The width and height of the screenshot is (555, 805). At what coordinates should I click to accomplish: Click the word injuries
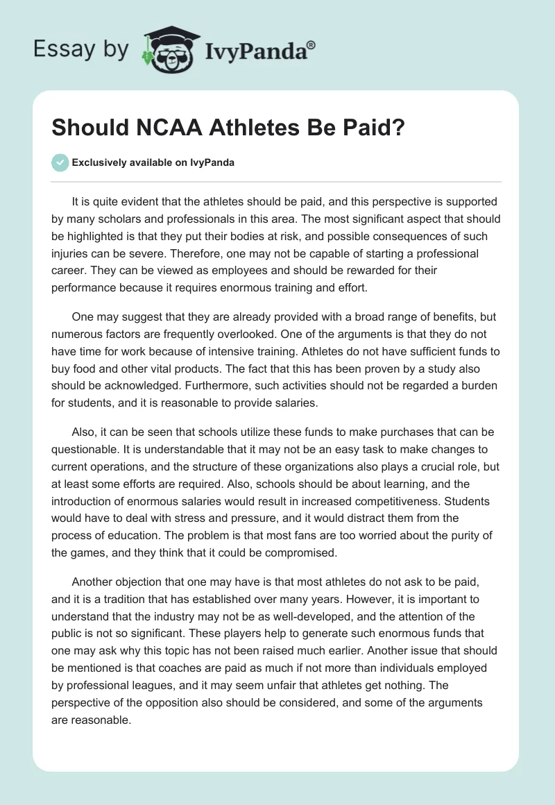click(x=74, y=253)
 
